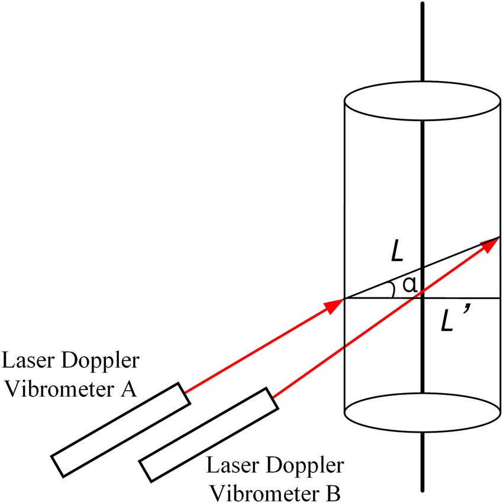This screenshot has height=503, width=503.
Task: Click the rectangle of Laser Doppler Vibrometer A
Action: [x=121, y=429]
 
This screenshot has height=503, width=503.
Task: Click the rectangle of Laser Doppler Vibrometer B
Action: [x=208, y=436]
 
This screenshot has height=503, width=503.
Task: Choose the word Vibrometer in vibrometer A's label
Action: [x=62, y=389]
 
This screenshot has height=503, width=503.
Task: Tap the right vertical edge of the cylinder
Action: [x=501, y=177]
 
